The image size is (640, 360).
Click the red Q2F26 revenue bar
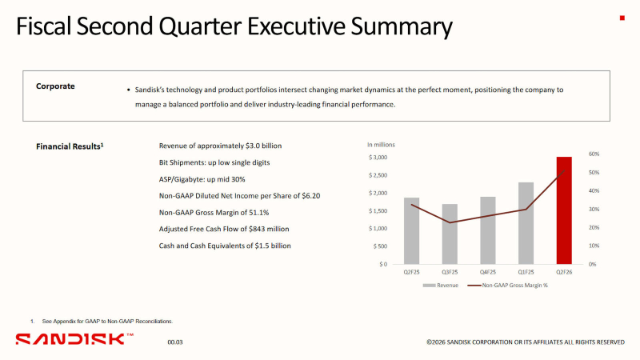[564, 210]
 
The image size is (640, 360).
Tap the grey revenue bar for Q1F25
[526, 223]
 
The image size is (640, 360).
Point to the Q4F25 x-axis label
[488, 272]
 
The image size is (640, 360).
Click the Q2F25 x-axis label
[411, 272]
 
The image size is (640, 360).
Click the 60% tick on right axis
[594, 154]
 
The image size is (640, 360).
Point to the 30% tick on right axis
[594, 209]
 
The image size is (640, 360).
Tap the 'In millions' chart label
[381, 145]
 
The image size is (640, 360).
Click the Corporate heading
[55, 86]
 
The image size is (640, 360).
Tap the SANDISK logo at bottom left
[70, 339]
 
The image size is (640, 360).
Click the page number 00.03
[174, 342]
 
